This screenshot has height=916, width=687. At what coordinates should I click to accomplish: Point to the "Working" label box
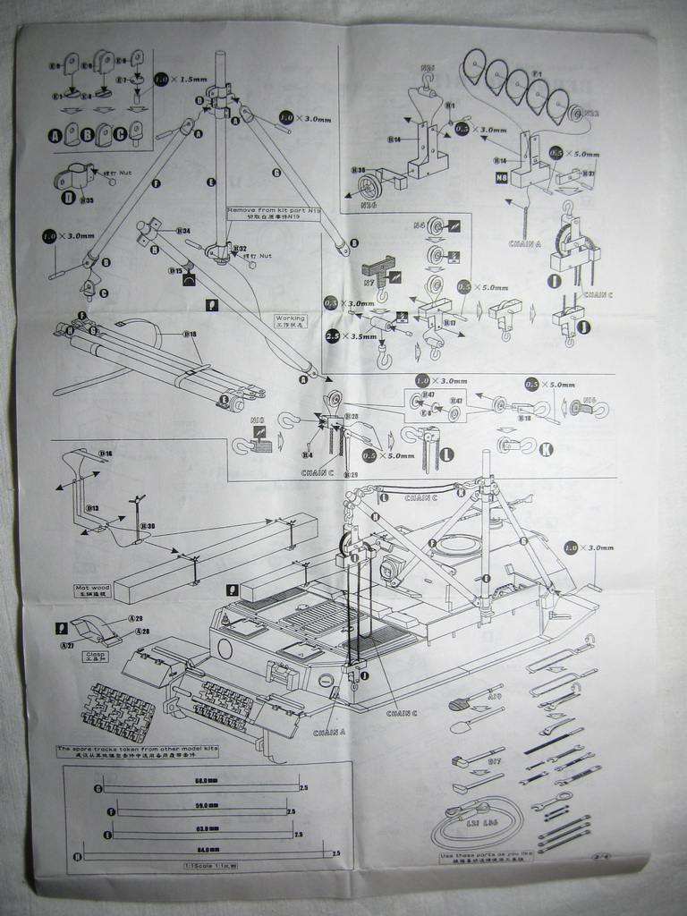tap(290, 319)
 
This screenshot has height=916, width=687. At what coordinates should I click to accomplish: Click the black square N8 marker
tap(502, 178)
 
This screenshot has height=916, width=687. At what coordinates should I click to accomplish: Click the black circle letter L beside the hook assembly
tap(445, 454)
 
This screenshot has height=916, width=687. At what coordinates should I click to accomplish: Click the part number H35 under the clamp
tap(87, 199)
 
